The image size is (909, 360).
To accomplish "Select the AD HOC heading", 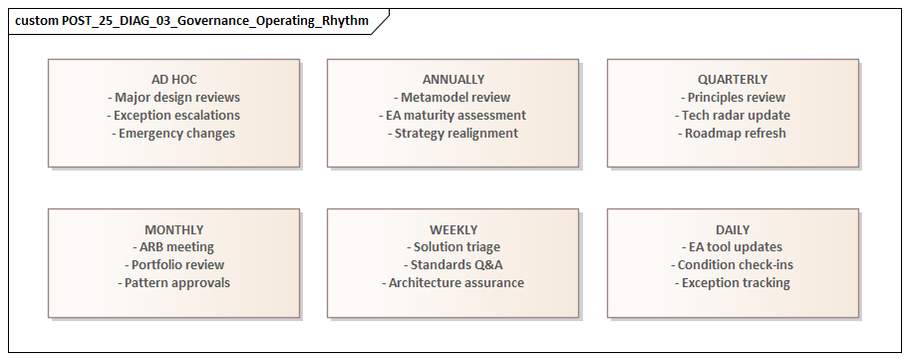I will click(x=173, y=79).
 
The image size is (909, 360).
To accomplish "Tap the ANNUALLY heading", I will click(x=454, y=79).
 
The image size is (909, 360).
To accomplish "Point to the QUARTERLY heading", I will click(x=733, y=79).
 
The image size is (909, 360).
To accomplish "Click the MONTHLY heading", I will click(x=173, y=229).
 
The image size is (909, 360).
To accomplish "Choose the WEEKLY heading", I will click(x=454, y=229).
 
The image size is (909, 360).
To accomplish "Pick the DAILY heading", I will click(x=733, y=229).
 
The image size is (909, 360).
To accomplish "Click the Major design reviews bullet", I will click(x=173, y=98).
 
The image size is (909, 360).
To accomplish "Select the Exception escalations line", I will click(x=173, y=116).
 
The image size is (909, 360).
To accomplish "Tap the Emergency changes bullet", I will click(x=173, y=134).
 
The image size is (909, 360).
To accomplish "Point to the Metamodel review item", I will click(x=454, y=98).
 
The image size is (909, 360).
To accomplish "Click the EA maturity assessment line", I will click(x=454, y=116).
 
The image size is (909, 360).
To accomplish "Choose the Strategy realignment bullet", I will click(x=454, y=134).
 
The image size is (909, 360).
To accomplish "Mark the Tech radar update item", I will click(x=733, y=116).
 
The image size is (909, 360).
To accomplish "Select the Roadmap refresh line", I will click(x=733, y=134).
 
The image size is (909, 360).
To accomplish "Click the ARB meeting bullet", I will click(x=173, y=247).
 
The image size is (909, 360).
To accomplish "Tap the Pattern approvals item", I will click(x=173, y=283).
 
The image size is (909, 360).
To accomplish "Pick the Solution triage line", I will click(x=454, y=247).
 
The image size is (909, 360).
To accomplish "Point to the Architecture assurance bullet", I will click(x=454, y=283).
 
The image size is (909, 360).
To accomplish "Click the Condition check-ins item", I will click(x=733, y=265).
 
